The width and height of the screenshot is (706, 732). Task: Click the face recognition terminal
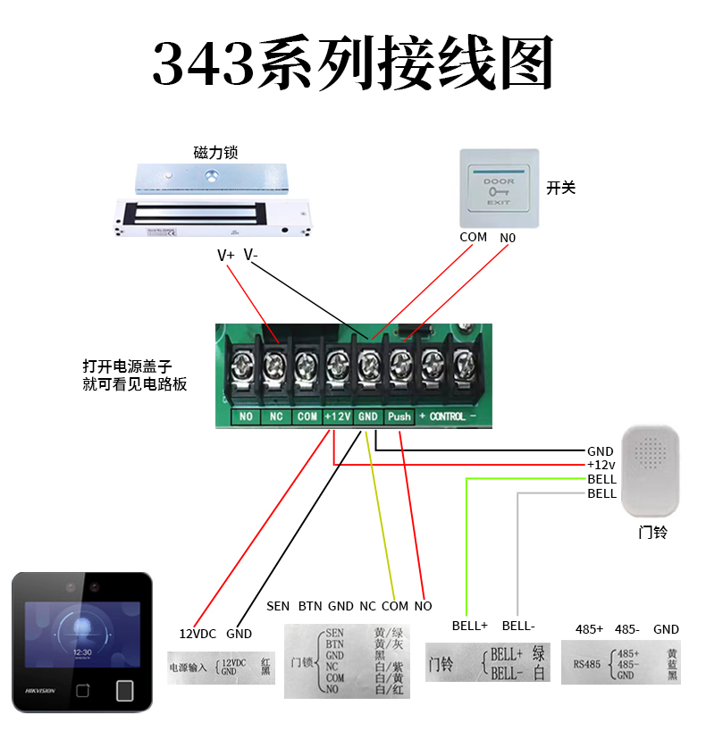point(81,642)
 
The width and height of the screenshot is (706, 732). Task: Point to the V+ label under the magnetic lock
point(226,256)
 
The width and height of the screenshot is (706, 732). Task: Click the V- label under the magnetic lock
point(250,255)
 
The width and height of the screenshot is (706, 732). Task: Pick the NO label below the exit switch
point(508,239)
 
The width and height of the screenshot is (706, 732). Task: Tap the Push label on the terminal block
point(399,416)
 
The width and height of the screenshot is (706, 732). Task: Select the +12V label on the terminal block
point(337,416)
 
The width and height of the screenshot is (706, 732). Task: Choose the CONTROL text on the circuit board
point(448,416)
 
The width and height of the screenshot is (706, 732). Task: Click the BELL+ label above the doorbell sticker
point(468,627)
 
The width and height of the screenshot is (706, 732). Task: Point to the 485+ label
point(589,629)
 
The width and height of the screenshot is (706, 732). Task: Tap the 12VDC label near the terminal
point(198,634)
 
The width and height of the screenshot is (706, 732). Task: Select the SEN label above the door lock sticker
point(278,606)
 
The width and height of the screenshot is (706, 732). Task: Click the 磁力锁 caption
point(215,153)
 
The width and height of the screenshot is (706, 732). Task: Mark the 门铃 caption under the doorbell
point(652,533)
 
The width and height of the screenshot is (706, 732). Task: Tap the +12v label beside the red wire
point(601,465)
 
